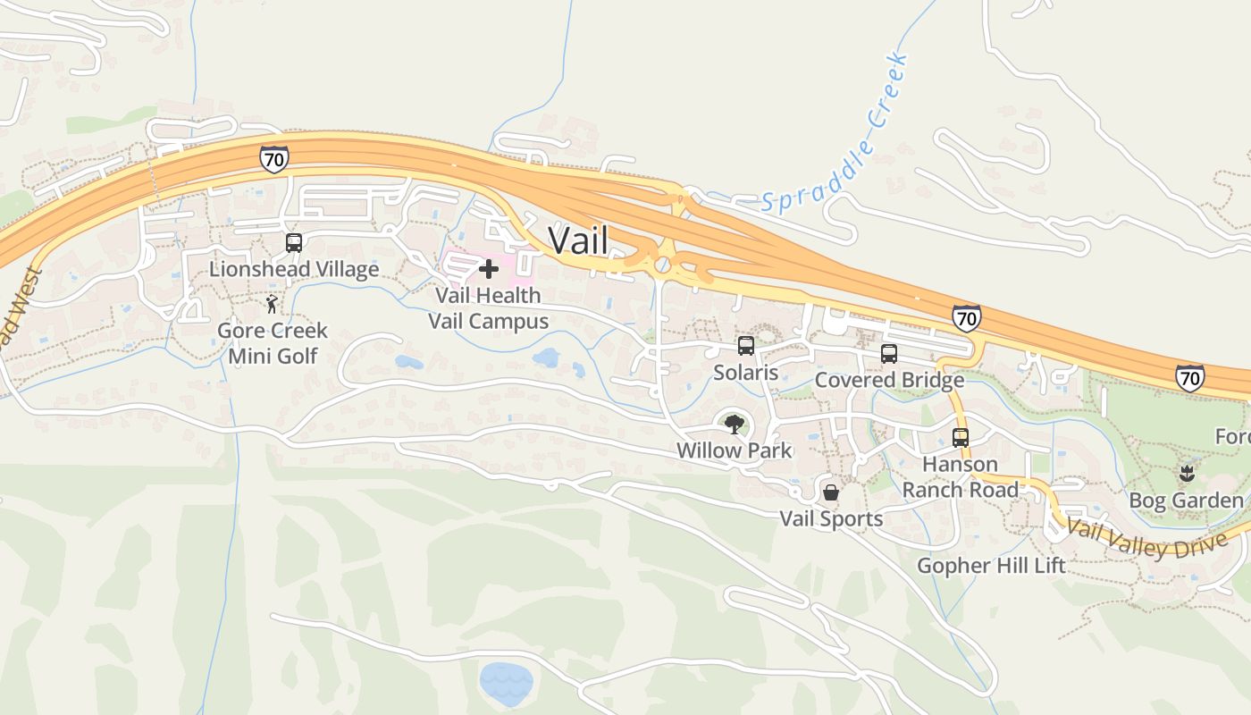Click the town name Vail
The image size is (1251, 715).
(578, 240)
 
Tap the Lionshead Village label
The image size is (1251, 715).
(294, 269)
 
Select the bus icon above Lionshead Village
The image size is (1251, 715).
(294, 242)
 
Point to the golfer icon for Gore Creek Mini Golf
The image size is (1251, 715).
(273, 305)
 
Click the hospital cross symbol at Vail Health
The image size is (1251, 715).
(489, 268)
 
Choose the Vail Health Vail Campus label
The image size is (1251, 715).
(488, 307)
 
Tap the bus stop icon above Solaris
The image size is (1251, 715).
(746, 345)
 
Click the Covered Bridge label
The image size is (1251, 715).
(889, 380)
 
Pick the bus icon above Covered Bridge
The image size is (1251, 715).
(889, 353)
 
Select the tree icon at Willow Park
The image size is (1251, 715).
(735, 424)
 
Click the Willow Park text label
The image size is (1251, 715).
(735, 450)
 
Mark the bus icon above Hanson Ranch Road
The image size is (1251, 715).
(961, 437)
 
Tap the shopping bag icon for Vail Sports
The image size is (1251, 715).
(831, 492)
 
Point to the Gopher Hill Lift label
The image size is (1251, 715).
(991, 565)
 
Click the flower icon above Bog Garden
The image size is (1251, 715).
(1187, 473)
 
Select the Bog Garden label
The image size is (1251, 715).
(1186, 500)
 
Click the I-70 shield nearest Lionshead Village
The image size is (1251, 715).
(274, 160)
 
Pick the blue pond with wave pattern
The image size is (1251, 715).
(507, 683)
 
